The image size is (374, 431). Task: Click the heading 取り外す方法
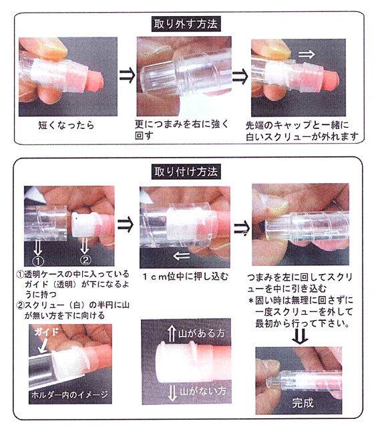[x=186, y=24]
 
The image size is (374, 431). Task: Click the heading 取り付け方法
[x=186, y=172]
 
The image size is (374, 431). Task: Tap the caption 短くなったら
[x=66, y=125]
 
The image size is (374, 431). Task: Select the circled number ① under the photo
[x=37, y=261]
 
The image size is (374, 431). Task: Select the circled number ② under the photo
[x=85, y=260]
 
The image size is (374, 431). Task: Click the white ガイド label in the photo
[x=47, y=332]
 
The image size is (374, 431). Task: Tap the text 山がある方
[x=202, y=333]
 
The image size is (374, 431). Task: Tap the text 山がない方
[x=203, y=391]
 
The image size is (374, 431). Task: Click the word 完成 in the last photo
[x=303, y=403]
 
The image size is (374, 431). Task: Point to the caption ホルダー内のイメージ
[x=69, y=395]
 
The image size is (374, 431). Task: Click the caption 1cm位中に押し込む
[x=185, y=277]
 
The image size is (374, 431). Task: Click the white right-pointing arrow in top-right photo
[x=307, y=54]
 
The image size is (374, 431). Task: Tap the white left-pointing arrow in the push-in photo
[x=182, y=256]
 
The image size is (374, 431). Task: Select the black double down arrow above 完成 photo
[x=300, y=336]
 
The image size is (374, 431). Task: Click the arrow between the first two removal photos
[x=128, y=76]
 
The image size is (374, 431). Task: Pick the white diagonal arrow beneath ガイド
[x=43, y=345]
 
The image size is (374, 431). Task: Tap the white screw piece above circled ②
[x=84, y=225]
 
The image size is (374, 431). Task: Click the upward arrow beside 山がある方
[x=172, y=333]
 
